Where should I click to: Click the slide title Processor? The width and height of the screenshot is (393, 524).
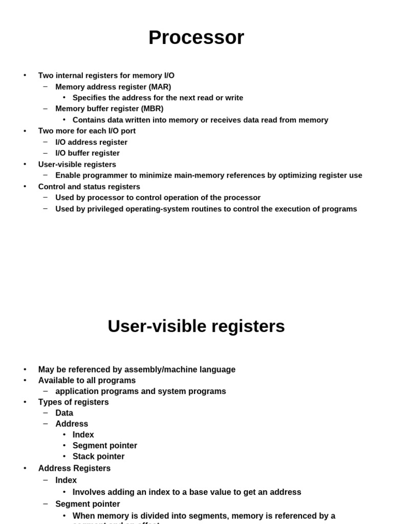(196, 38)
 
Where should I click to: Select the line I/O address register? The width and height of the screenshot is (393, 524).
(91, 142)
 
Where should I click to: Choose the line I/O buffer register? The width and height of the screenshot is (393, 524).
(88, 153)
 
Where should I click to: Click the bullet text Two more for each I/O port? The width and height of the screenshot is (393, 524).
(87, 131)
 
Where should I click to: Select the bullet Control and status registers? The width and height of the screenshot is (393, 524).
(89, 187)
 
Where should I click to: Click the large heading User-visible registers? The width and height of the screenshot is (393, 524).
(196, 326)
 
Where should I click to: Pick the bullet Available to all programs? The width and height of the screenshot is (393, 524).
(87, 380)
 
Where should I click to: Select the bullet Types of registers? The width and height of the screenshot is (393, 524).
(73, 402)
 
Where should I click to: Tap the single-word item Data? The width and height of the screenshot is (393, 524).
(64, 413)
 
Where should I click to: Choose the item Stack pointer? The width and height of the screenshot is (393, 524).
(98, 456)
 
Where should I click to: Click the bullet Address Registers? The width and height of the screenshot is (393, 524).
(74, 468)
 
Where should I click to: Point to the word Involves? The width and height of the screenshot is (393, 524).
(90, 492)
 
